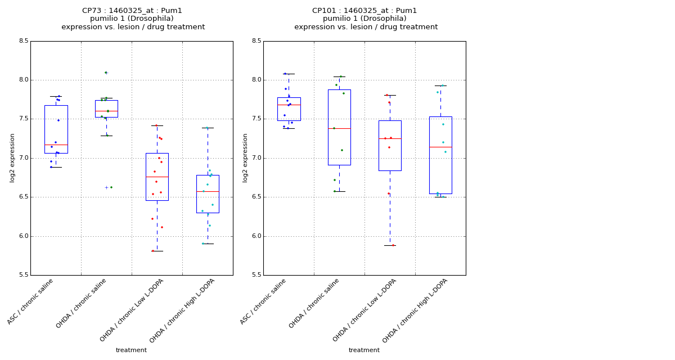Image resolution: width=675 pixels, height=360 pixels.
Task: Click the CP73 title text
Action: point(132,11)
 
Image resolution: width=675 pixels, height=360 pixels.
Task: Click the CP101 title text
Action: point(365,11)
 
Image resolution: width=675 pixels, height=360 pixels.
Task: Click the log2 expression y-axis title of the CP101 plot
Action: point(245,157)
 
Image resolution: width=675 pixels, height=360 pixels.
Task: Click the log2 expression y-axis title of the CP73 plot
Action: point(12,157)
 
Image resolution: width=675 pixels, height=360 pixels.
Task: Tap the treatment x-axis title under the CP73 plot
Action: point(131,350)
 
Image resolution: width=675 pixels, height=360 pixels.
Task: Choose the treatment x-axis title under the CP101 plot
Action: point(364,350)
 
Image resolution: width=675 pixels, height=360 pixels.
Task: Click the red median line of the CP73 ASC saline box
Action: point(56,145)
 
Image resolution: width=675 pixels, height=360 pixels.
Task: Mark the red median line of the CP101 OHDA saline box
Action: point(339,128)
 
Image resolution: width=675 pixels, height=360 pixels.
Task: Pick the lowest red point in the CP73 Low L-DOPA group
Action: point(152,251)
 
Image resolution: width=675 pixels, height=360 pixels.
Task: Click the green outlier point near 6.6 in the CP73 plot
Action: point(111,187)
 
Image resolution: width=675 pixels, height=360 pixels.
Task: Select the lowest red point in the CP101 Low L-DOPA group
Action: point(393,245)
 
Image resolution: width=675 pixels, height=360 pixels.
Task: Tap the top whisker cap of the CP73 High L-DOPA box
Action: point(208,128)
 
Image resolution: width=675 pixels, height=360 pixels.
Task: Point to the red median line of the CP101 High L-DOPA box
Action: point(440,147)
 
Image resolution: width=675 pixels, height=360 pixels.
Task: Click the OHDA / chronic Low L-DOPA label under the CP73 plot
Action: point(132,310)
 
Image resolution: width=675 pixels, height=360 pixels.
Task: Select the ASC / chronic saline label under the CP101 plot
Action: point(264,301)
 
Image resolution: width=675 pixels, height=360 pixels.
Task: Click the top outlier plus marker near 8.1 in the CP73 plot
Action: point(106,73)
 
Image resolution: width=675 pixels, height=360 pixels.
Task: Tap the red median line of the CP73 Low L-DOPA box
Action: point(157,177)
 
